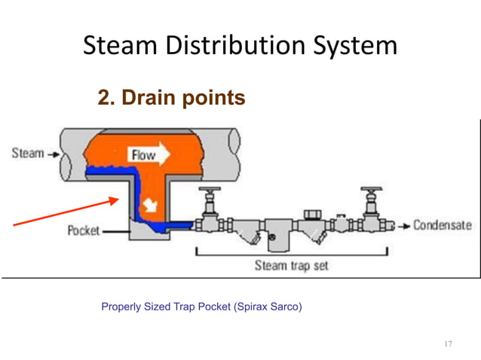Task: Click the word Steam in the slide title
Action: pyautogui.click(x=121, y=47)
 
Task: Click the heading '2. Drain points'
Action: pyautogui.click(x=171, y=98)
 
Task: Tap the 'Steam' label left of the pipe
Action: pyautogui.click(x=27, y=154)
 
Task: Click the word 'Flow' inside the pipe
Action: pyautogui.click(x=143, y=156)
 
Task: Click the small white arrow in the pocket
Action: pyautogui.click(x=153, y=203)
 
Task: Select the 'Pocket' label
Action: pyautogui.click(x=84, y=230)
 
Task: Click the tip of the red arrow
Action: pyautogui.click(x=118, y=200)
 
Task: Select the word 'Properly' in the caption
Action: pyautogui.click(x=120, y=307)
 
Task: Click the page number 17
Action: pyautogui.click(x=448, y=344)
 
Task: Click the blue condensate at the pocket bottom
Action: pyautogui.click(x=162, y=224)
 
